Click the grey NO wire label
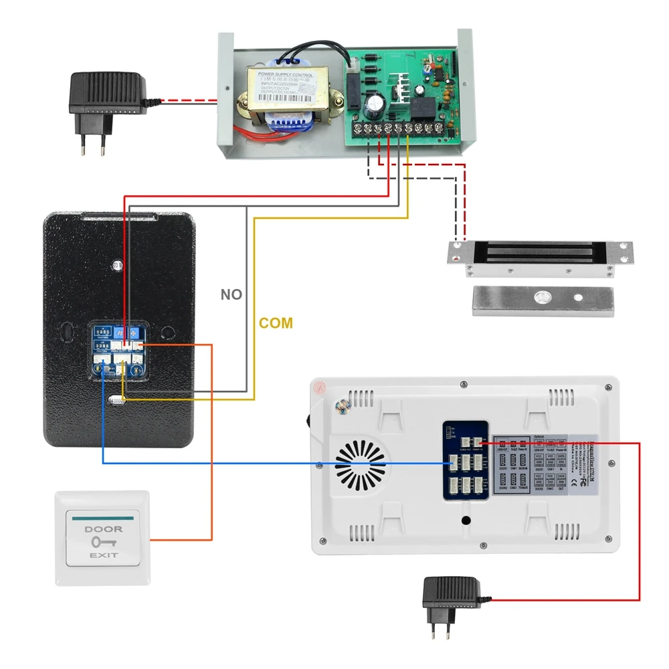point(231,294)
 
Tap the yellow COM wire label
point(276,323)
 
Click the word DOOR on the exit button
point(104,529)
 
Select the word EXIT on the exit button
point(104,555)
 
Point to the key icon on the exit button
point(104,542)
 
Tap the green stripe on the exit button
point(104,517)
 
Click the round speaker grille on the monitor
point(362,465)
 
